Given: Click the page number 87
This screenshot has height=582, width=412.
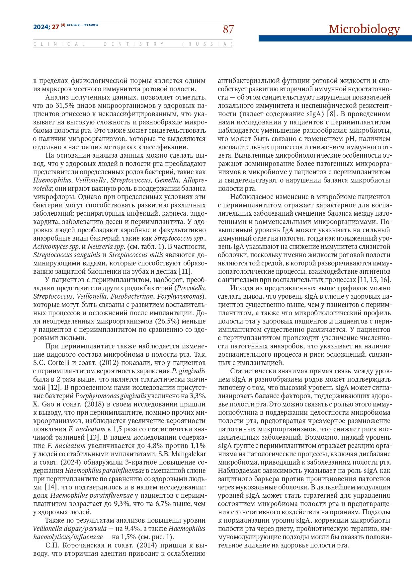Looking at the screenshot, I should click(228, 29).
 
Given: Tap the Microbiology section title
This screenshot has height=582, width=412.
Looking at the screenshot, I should click(364, 29).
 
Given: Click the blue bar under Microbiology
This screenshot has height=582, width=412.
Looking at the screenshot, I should click(335, 38).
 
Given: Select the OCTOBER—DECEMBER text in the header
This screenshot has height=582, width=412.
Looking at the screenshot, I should click(83, 25).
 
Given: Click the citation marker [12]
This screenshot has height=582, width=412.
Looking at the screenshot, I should click(54, 388).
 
